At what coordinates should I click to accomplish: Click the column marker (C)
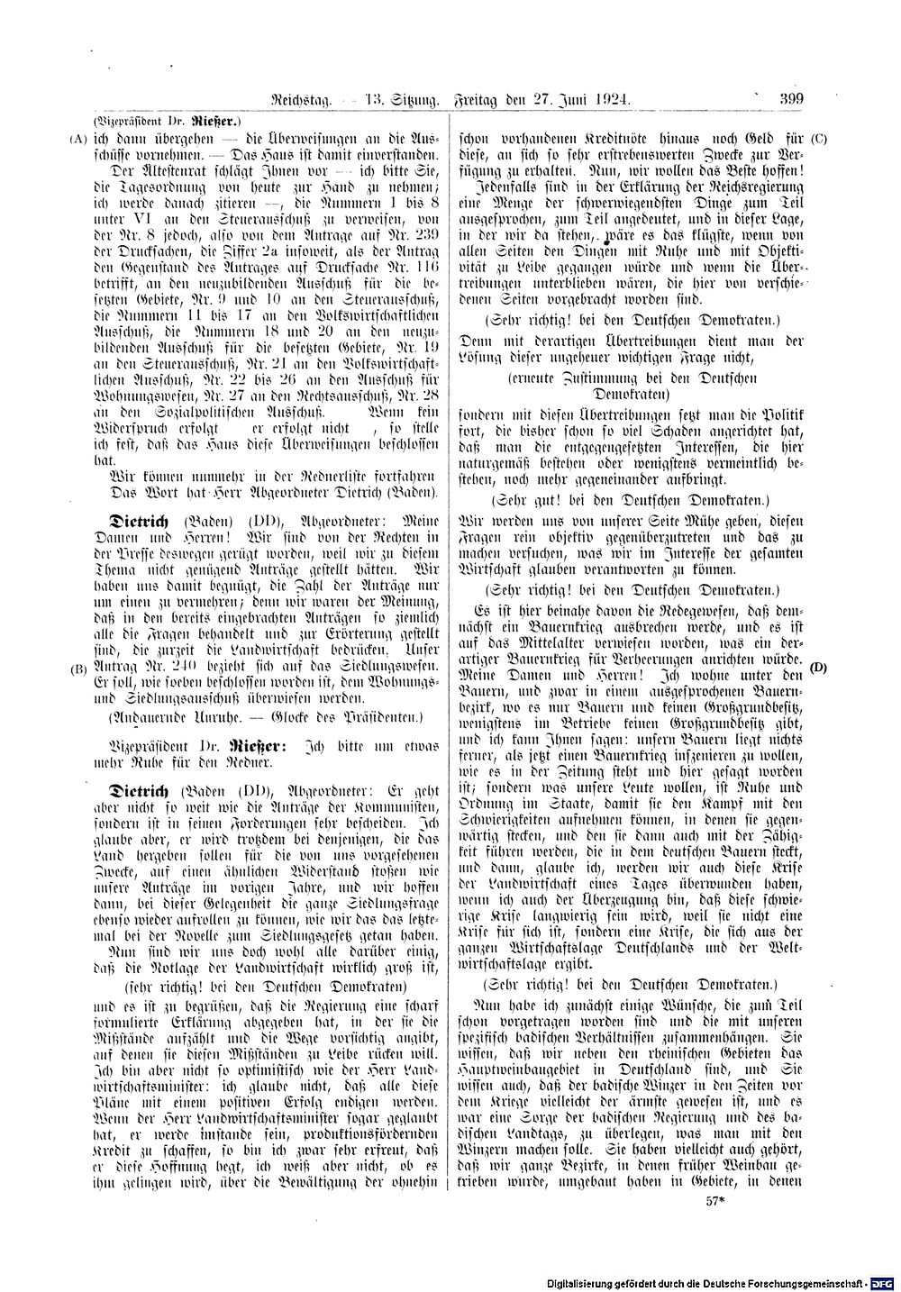coord(818,139)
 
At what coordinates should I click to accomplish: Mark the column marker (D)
coord(818,667)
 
